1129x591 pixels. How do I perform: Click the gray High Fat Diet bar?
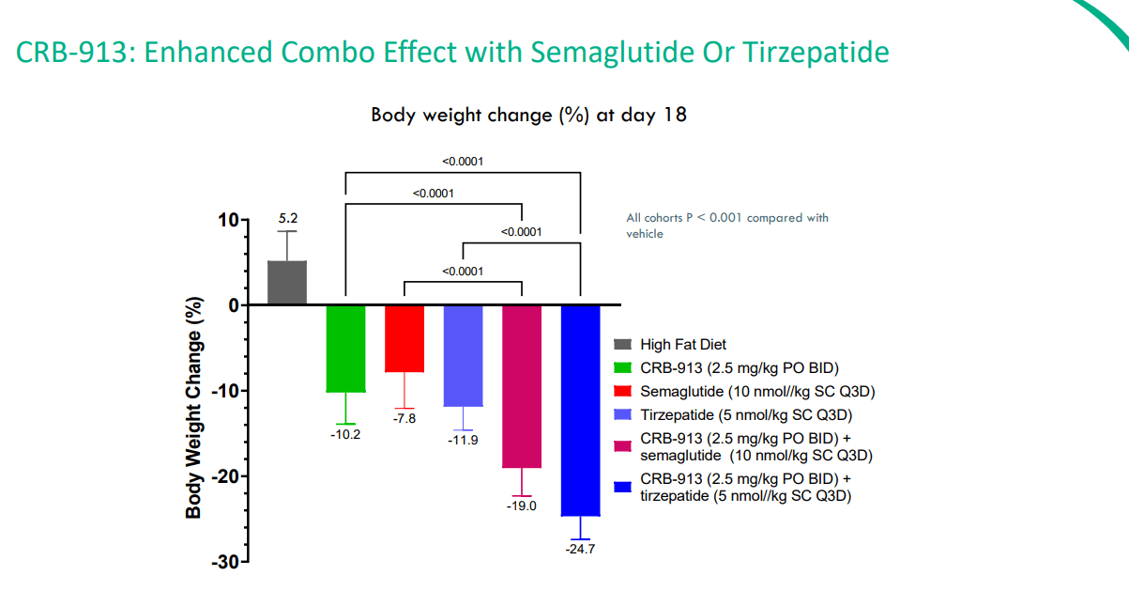pyautogui.click(x=287, y=283)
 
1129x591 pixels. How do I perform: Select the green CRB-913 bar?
pyautogui.click(x=345, y=349)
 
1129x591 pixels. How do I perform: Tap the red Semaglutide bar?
pyautogui.click(x=404, y=338)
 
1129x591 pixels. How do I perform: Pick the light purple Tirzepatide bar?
pyautogui.click(x=463, y=356)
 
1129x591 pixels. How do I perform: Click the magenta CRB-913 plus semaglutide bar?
pyautogui.click(x=522, y=386)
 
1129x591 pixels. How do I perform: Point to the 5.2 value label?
pyautogui.click(x=287, y=218)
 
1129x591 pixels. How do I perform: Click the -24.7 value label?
pyautogui.click(x=580, y=549)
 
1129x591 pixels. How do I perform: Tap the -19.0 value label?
pyautogui.click(x=522, y=505)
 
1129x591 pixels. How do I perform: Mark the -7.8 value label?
pyautogui.click(x=404, y=418)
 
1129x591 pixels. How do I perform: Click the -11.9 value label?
pyautogui.click(x=463, y=440)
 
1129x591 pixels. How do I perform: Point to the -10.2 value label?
pyautogui.click(x=345, y=434)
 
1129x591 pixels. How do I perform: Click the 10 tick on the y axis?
pyautogui.click(x=228, y=220)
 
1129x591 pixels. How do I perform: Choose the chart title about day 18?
pyautogui.click(x=528, y=115)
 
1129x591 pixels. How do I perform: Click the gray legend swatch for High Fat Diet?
pyautogui.click(x=622, y=345)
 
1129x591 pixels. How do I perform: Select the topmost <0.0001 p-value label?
pyautogui.click(x=463, y=162)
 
